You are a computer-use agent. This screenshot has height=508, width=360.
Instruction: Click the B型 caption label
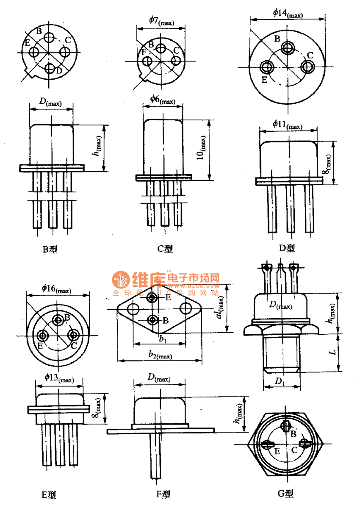[x=50, y=249]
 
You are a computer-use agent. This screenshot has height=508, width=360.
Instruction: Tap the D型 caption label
[x=287, y=248]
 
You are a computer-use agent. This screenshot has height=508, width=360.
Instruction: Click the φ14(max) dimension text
[x=288, y=13]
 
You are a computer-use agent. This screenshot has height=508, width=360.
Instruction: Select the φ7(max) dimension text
[x=161, y=20]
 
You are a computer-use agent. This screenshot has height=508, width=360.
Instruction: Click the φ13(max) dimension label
[x=59, y=378]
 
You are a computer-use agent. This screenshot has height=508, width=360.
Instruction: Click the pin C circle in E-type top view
[x=74, y=335]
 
